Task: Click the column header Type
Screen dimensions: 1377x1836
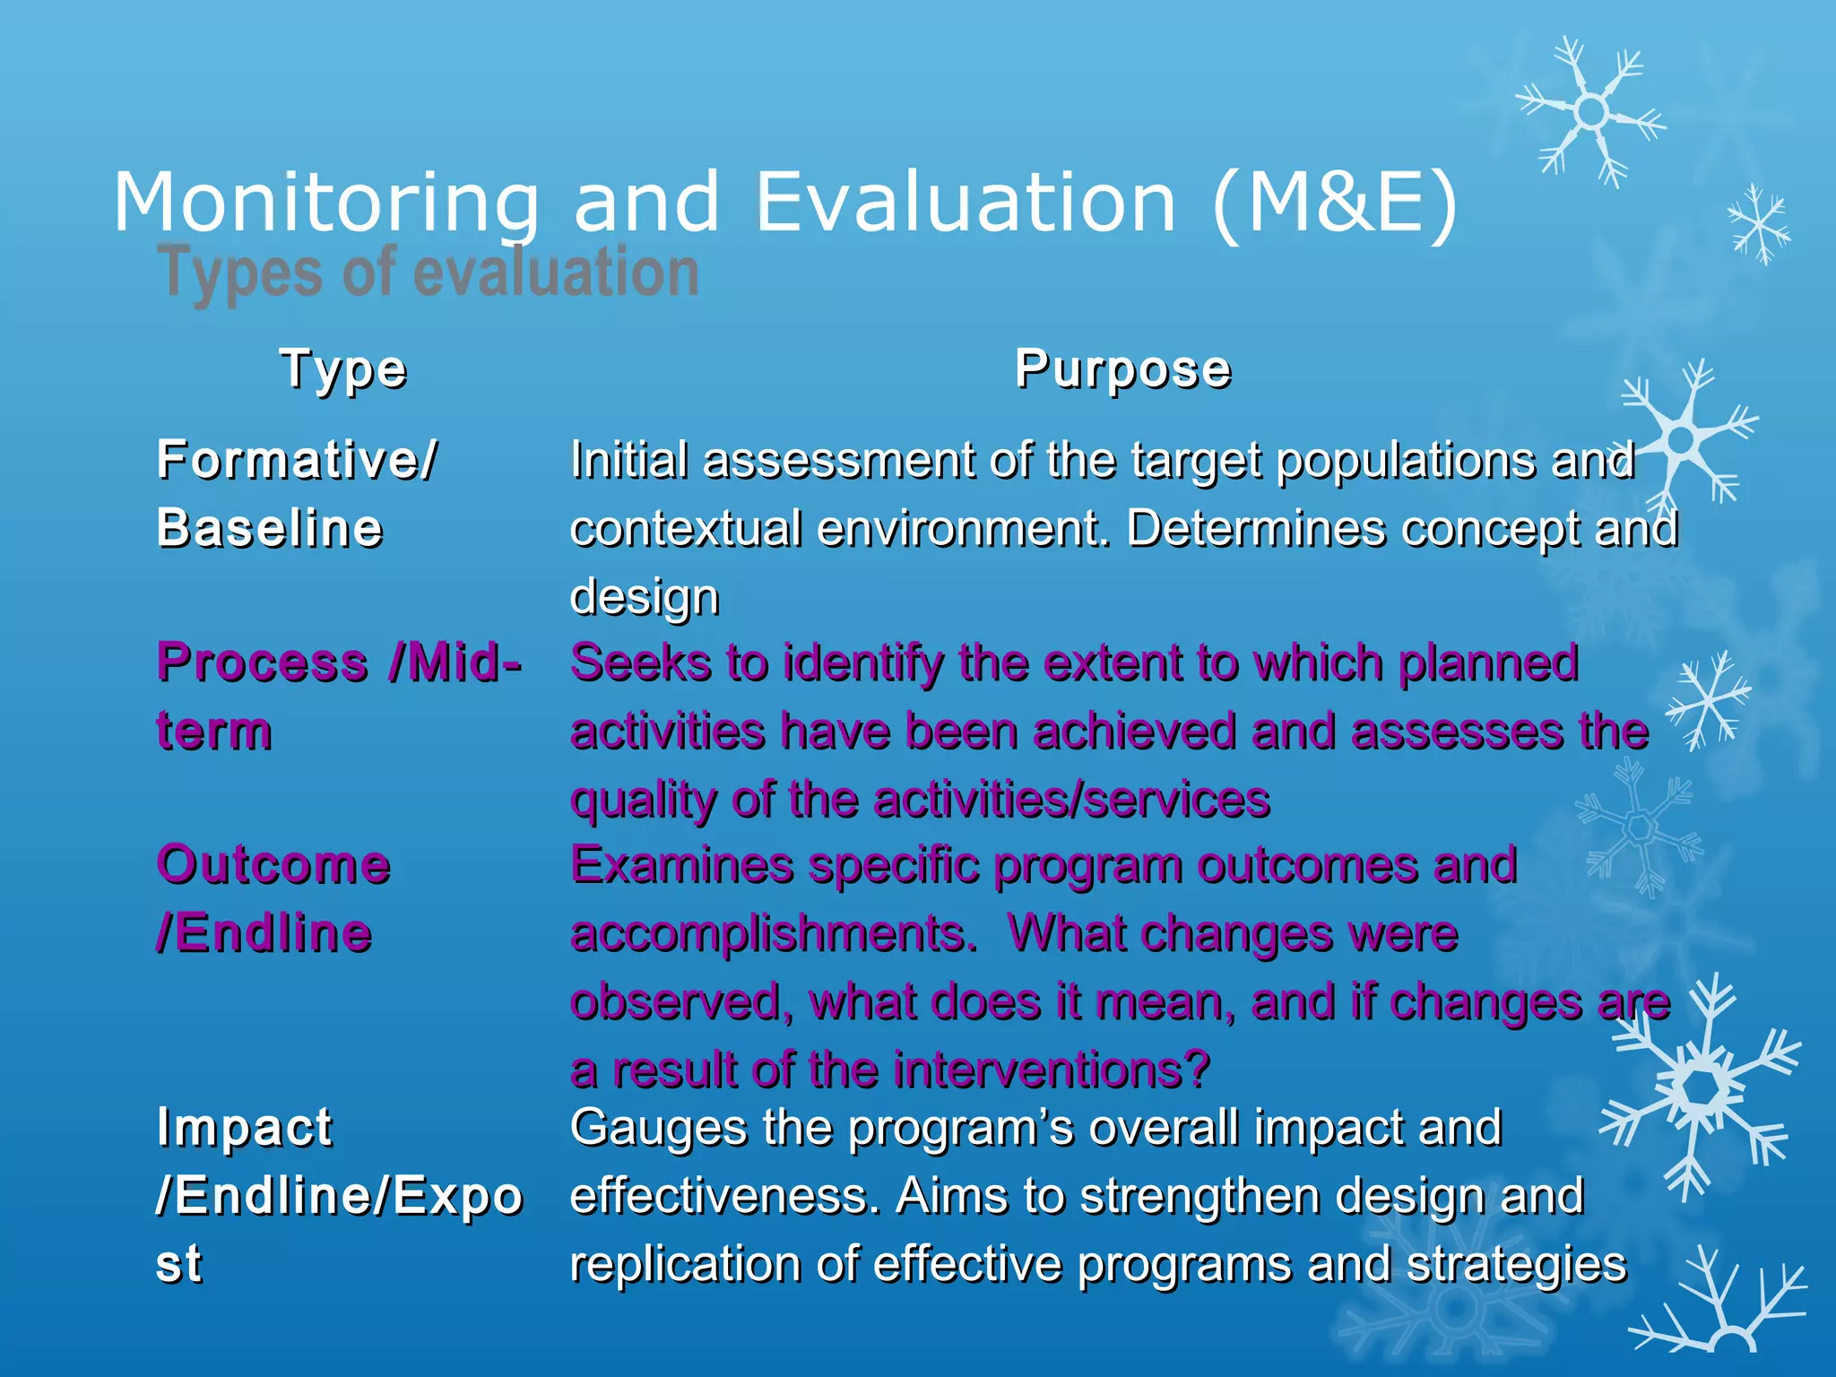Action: point(343,369)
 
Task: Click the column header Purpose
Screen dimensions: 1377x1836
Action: point(1122,368)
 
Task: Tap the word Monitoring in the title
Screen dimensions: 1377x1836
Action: point(326,204)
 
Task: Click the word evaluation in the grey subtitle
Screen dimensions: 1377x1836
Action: point(555,273)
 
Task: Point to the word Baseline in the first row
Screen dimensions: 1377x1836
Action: point(270,527)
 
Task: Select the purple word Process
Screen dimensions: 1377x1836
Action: point(263,663)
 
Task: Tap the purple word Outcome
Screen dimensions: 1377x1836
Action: point(273,865)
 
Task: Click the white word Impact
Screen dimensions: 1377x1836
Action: point(244,1127)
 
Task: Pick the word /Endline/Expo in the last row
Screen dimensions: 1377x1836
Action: point(339,1195)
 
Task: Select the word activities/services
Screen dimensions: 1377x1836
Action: point(1071,799)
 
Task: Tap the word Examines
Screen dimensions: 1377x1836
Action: point(682,865)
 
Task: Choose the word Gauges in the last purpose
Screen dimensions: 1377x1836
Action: point(658,1127)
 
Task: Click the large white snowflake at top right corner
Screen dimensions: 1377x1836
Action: point(1591,112)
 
